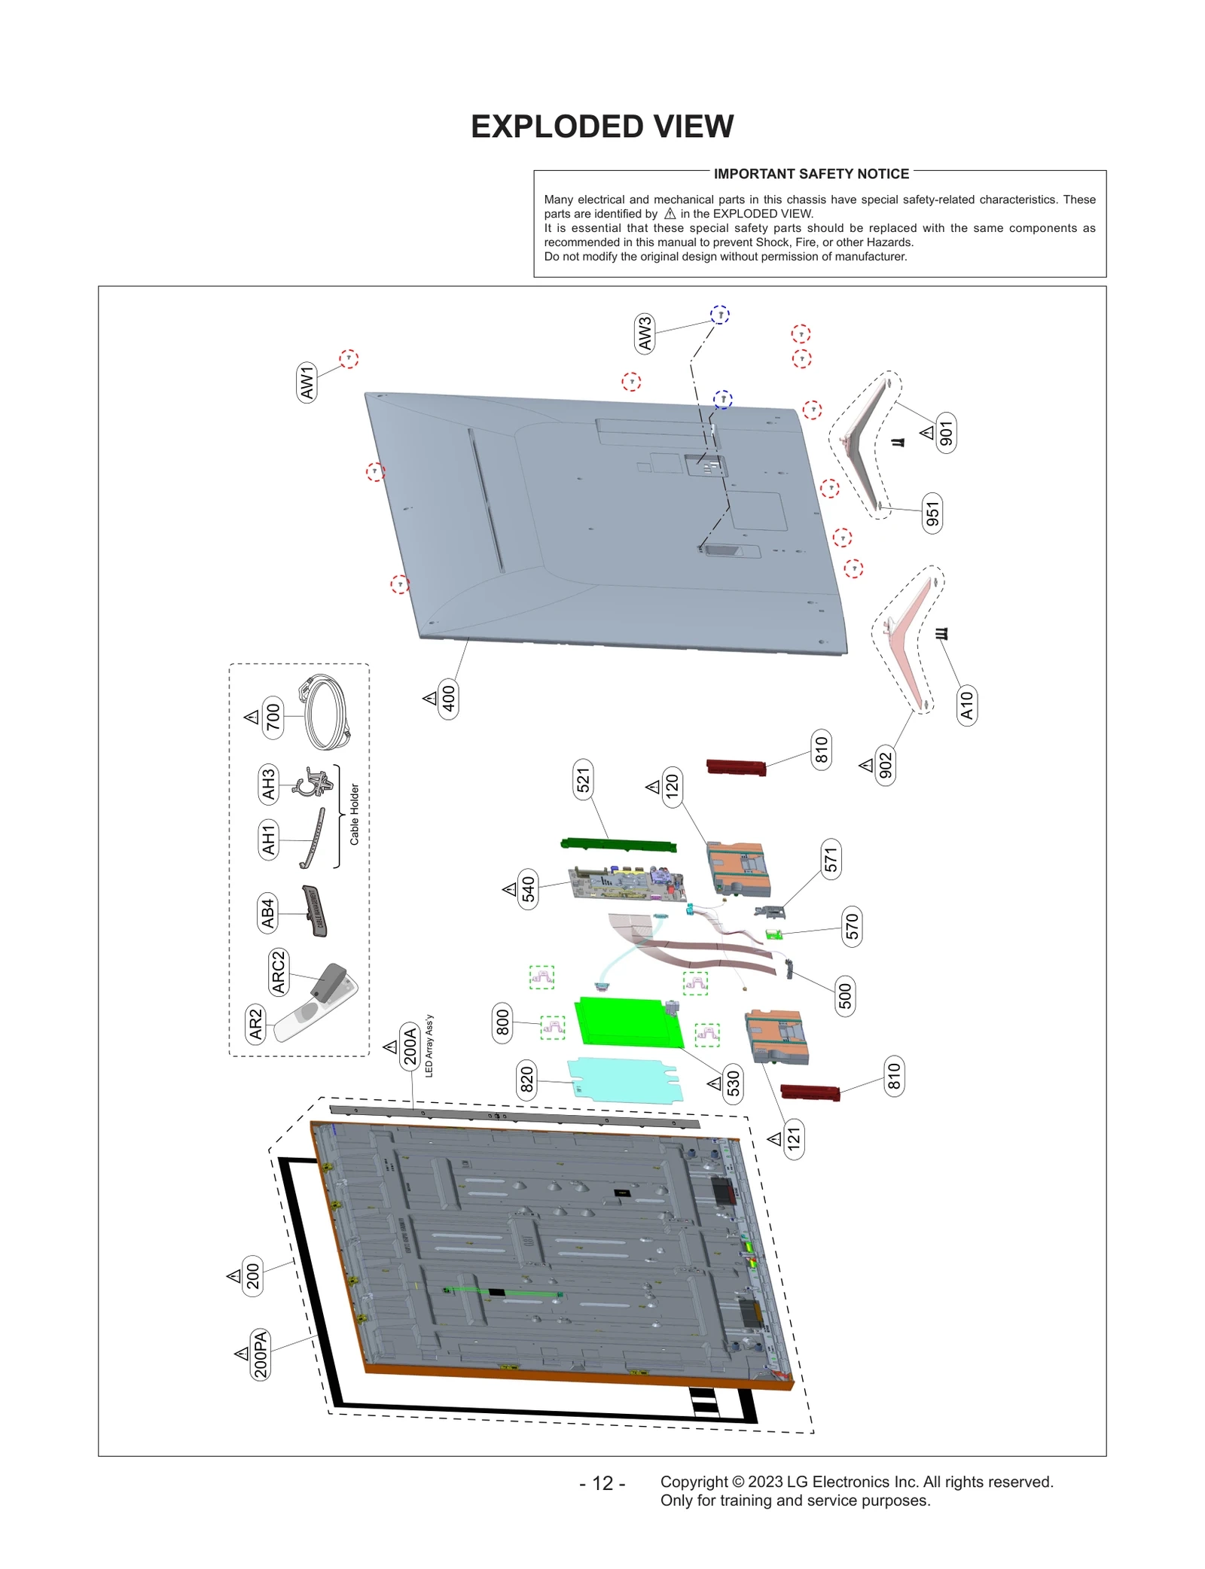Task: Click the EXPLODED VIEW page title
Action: [x=602, y=126]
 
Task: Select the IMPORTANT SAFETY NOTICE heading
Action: [x=810, y=174]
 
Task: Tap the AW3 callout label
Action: [x=645, y=334]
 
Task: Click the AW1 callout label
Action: [x=307, y=382]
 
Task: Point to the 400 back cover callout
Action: [x=448, y=699]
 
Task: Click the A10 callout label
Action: [x=966, y=705]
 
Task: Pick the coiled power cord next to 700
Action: [x=327, y=712]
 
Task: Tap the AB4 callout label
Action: [x=267, y=912]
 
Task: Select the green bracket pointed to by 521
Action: [x=618, y=845]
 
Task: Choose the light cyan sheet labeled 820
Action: [x=624, y=1080]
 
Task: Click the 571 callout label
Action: [x=830, y=859]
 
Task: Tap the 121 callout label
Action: [x=793, y=1138]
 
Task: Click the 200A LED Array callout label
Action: [x=410, y=1046]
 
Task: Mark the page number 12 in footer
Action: [x=602, y=1483]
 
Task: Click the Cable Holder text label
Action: [x=355, y=814]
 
